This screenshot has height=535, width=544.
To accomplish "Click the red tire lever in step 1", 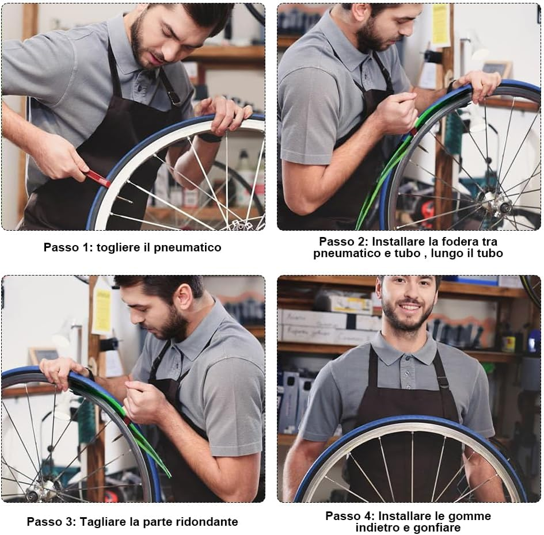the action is pyautogui.click(x=97, y=178).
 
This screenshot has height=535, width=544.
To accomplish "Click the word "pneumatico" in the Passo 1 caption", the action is pyautogui.click(x=187, y=247).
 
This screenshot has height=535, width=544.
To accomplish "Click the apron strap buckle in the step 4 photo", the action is pyautogui.click(x=443, y=383).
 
